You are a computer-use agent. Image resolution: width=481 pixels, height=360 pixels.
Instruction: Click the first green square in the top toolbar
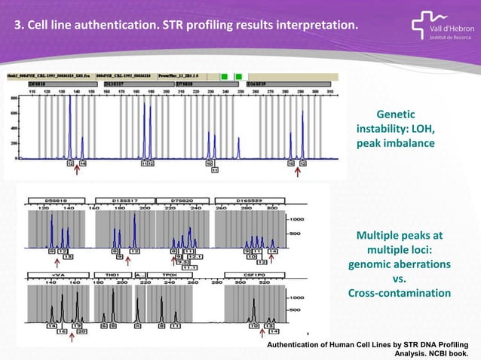[225, 77]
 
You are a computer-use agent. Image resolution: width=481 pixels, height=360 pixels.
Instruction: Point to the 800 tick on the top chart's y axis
[14, 96]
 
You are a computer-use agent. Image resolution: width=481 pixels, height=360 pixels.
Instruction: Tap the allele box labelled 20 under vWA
[81, 330]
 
